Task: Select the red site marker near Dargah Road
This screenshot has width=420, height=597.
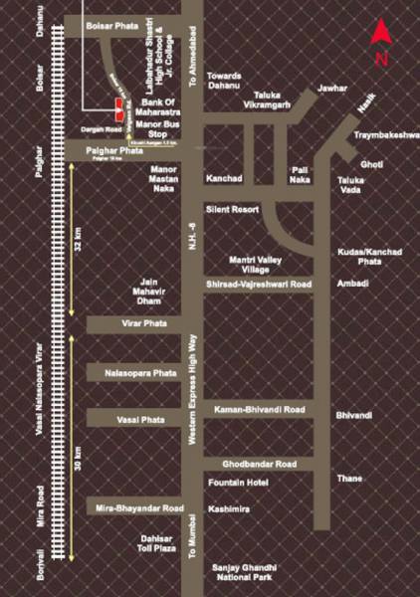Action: click(118, 104)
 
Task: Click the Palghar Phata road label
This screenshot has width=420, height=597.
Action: click(111, 149)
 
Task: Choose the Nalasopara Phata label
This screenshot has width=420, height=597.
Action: click(139, 372)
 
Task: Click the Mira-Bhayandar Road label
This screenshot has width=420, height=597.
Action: click(139, 507)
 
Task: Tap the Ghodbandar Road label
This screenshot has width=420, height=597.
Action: click(259, 464)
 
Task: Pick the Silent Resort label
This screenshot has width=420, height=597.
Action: click(232, 210)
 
